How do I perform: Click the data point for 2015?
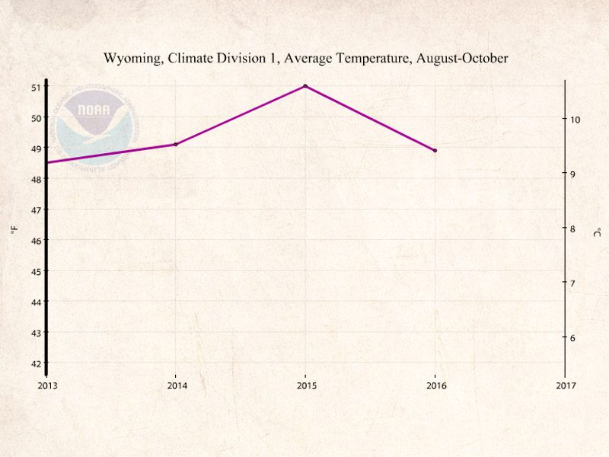point(305,86)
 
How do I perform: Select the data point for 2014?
point(176,144)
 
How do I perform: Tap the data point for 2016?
point(435,150)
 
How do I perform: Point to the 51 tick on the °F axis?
point(36,87)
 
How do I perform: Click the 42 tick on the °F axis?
point(36,363)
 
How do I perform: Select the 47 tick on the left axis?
point(36,209)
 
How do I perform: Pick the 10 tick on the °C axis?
point(576,120)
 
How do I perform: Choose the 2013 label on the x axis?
point(46,385)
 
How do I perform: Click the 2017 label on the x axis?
point(565,385)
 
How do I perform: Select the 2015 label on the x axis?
point(305,385)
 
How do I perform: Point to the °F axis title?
point(14,228)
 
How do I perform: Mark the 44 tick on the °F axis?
point(36,302)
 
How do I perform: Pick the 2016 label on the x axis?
point(435,385)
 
